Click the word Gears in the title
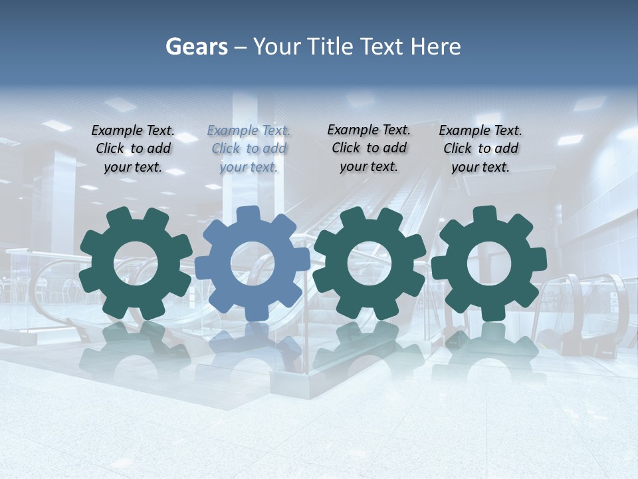click(197, 47)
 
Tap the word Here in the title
click(435, 47)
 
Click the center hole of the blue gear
click(253, 263)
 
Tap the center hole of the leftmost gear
click(136, 263)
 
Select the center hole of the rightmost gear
click(489, 263)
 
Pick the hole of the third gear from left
click(370, 263)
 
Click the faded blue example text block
click(249, 148)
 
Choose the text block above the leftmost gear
click(133, 148)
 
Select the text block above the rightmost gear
click(480, 148)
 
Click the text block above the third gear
click(369, 148)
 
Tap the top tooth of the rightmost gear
click(484, 214)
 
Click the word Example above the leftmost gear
click(117, 130)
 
